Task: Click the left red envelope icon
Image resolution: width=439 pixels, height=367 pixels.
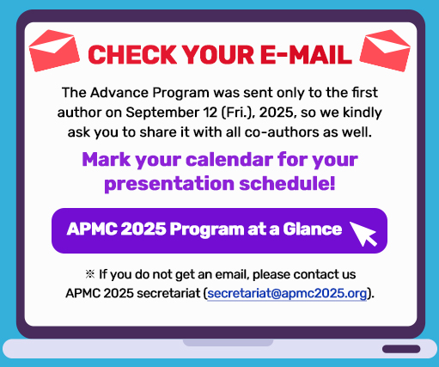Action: [54, 50]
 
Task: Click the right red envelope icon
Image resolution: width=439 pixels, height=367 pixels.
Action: [385, 50]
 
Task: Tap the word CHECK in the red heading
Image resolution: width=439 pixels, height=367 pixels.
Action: [132, 55]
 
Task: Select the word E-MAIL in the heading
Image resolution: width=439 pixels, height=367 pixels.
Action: [306, 55]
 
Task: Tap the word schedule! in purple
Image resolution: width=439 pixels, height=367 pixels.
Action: [287, 183]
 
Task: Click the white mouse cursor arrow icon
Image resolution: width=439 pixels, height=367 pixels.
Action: [363, 234]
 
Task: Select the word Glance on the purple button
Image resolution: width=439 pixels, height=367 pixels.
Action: [313, 229]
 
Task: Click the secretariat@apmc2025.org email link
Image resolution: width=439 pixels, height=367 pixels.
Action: [287, 293]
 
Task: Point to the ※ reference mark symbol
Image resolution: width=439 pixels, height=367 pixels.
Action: [90, 274]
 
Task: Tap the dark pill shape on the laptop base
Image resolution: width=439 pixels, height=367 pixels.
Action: [401, 349]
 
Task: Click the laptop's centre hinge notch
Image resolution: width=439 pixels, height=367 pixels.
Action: [228, 342]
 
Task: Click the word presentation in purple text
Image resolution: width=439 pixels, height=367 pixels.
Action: [169, 184]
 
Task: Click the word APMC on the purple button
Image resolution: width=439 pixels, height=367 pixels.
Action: [92, 229]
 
